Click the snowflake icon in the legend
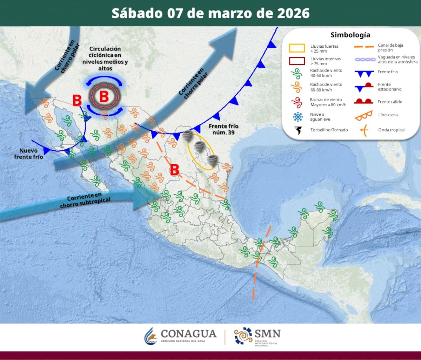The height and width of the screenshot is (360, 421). coord(298,117)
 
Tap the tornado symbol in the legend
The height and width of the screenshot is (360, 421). coord(298,130)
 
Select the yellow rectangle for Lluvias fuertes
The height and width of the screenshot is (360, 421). coord(297,48)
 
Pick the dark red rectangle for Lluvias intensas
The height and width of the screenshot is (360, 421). coord(297,61)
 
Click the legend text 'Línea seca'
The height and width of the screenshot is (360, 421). coord(388,115)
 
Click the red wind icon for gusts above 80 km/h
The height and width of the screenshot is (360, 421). coord(297,102)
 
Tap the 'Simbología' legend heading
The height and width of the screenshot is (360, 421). coord(350,35)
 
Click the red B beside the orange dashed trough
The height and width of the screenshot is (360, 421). coord(174,170)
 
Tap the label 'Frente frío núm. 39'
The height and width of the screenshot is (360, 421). coord(223,129)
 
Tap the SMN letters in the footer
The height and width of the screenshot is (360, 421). coord(268,333)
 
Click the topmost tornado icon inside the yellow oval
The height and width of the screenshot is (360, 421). coord(188,135)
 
